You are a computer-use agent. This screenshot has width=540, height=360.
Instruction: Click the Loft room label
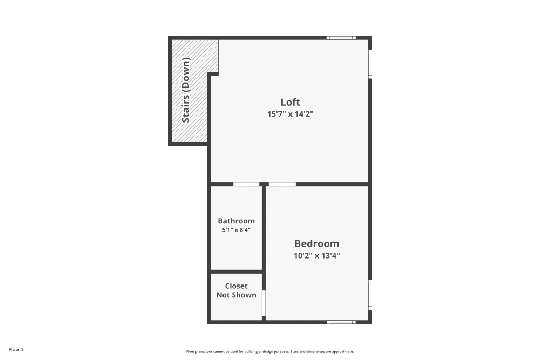(x=290, y=102)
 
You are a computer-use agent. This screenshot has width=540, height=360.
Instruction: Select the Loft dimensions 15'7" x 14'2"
(x=290, y=114)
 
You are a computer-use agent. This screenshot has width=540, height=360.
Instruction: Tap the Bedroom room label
(x=316, y=243)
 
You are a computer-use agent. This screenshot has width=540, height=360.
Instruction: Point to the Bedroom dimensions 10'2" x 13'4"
(x=316, y=255)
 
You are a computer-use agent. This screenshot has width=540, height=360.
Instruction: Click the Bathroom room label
(x=236, y=221)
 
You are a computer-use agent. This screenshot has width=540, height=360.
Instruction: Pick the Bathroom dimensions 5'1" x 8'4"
(x=236, y=230)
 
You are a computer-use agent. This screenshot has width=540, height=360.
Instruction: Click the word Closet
(x=236, y=286)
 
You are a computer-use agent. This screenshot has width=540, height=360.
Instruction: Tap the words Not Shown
(x=236, y=295)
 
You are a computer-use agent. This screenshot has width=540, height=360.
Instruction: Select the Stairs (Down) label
(x=186, y=90)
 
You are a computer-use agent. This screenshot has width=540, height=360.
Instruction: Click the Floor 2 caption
(x=16, y=350)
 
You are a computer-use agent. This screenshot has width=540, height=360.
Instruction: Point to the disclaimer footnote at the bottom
(x=270, y=351)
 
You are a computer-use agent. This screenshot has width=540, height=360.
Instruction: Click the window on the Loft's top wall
(x=341, y=38)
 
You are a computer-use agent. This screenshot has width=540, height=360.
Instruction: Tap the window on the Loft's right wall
(x=370, y=64)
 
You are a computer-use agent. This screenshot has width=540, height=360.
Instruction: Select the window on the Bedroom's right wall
(x=370, y=294)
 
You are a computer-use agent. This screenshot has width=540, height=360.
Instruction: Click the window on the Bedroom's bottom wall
(x=341, y=322)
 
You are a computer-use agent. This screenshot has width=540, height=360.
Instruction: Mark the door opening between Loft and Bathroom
(x=246, y=185)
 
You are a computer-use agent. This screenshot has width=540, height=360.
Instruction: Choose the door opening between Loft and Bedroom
(x=282, y=185)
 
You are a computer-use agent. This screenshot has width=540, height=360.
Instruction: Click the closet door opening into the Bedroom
(x=264, y=303)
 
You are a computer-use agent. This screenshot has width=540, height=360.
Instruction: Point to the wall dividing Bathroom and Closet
(x=236, y=271)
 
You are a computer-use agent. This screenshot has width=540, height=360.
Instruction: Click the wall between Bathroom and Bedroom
(x=264, y=229)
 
